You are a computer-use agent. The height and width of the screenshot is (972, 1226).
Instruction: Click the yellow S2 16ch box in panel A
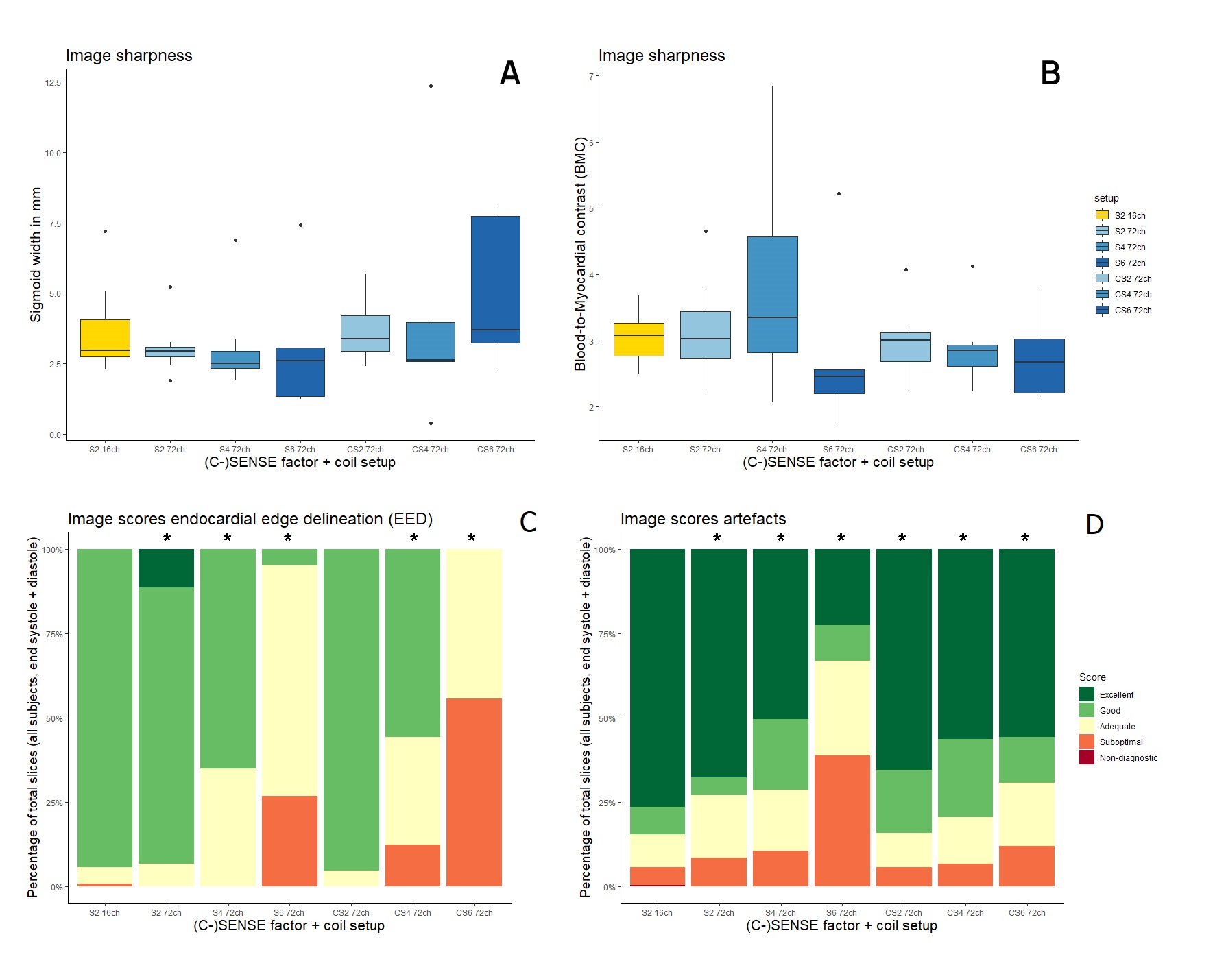coord(105,338)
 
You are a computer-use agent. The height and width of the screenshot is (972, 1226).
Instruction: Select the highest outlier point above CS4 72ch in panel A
coord(431,86)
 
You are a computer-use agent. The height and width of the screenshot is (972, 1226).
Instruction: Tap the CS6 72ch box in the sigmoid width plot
coord(495,280)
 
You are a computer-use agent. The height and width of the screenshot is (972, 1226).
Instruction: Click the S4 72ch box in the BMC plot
coord(772,295)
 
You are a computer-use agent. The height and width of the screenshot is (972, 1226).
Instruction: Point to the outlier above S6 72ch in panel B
coord(839,194)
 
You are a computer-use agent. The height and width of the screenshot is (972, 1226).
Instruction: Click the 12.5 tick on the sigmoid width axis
coord(53,83)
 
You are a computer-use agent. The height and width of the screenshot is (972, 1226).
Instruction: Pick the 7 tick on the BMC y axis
coord(591,76)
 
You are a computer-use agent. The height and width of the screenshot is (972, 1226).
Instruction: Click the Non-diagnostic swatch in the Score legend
coord(1087,757)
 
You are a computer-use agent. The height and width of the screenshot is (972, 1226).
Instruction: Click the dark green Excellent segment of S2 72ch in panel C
coord(166,568)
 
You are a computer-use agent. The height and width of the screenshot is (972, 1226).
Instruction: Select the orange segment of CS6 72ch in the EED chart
coord(474,792)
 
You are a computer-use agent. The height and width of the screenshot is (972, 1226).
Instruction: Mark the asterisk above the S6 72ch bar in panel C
coord(288,539)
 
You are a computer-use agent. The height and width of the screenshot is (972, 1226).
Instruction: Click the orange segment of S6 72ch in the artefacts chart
coord(842,821)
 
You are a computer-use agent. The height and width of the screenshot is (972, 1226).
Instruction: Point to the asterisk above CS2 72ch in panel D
coord(902,539)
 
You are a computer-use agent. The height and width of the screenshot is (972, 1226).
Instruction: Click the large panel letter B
coord(1050,73)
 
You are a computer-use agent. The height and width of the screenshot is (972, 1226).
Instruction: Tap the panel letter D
coord(1094,524)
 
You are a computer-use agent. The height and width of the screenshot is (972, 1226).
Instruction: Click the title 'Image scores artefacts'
coord(703,520)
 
